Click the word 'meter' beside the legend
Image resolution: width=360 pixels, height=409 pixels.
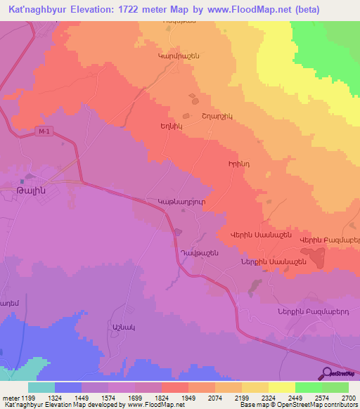coord(9,399)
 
